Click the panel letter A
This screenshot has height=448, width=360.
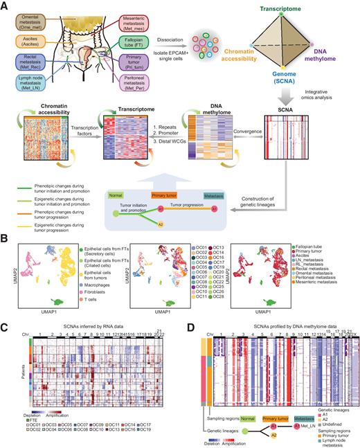pyautogui.click(x=6, y=6)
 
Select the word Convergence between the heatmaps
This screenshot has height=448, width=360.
pyautogui.click(x=216, y=126)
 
